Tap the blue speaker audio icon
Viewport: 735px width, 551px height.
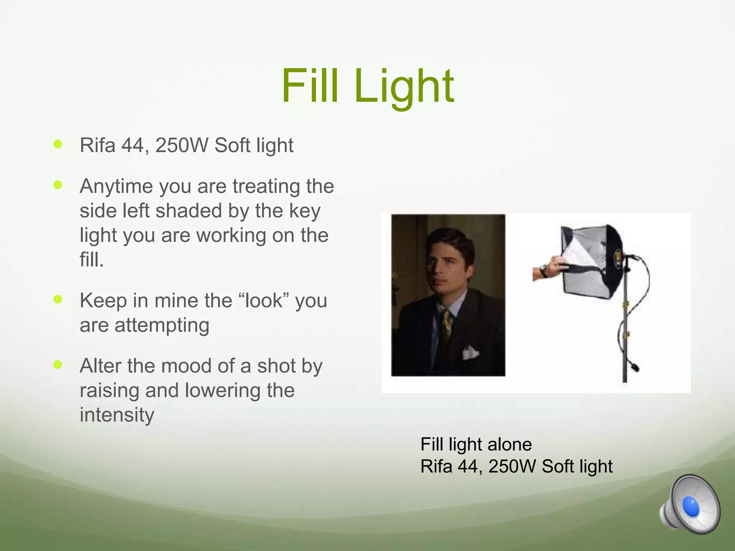click(x=689, y=506)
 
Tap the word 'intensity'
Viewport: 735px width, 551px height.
click(x=117, y=415)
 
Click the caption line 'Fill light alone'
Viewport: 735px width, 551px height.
click(x=476, y=444)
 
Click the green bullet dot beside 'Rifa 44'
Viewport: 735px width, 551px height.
click(x=57, y=144)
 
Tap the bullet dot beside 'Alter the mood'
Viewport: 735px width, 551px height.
click(x=57, y=365)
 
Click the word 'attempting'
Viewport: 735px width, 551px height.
click(x=162, y=325)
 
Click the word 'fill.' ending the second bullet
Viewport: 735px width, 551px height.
click(x=92, y=259)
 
